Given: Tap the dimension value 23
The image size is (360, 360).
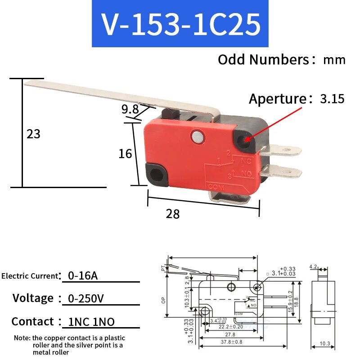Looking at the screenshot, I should point(33,134).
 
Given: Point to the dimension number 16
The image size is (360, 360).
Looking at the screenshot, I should point(125,153).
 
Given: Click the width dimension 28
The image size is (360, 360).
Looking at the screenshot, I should point(173,214).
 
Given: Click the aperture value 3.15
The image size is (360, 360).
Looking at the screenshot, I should point(332,99).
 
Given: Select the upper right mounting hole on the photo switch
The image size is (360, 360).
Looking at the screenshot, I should point(246,139).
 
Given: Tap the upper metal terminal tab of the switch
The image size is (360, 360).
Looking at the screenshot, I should point(284,149).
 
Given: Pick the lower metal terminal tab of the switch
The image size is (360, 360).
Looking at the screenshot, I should point(284,171).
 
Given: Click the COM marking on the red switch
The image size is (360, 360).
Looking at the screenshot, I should point(213,186).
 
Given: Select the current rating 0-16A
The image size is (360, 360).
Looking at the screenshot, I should point(82,275).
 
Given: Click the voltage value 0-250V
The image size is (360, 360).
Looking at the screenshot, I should point(86,298).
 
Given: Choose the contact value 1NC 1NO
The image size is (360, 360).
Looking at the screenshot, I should point(91,321).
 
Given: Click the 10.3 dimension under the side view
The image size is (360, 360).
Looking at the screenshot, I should point(325,344).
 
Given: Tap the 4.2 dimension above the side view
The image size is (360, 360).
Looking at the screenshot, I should point(314,267).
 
